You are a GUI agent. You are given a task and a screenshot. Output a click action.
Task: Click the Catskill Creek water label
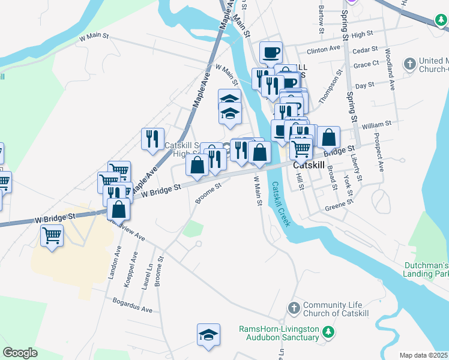tap(280, 205)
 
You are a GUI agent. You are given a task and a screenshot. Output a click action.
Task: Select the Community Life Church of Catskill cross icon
tap(294, 308)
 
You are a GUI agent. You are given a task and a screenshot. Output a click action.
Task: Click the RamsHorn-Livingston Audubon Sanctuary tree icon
tap(328, 331)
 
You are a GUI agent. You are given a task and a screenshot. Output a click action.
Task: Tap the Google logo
tap(20, 353)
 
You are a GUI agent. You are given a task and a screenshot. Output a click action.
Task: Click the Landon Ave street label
tap(112, 265)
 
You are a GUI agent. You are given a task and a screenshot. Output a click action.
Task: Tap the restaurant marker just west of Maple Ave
tap(152, 139)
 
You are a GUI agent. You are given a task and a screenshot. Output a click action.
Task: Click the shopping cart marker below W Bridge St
tap(52, 235)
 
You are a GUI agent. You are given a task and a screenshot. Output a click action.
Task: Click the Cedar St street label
tap(366, 49)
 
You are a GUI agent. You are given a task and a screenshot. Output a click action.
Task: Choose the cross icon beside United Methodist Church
tap(409, 64)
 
